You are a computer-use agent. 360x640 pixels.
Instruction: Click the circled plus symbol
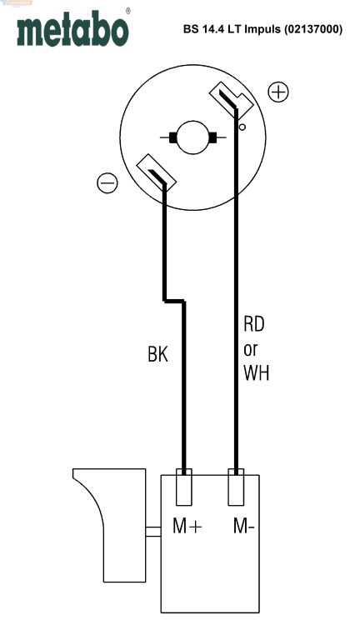[x=278, y=92]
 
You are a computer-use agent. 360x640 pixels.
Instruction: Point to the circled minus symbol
[x=107, y=182]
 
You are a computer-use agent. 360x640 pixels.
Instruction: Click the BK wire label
[x=157, y=355]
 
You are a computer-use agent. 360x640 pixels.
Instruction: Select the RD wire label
[x=254, y=324]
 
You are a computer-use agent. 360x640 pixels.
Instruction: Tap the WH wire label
[x=257, y=373]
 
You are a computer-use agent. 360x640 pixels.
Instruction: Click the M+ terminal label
[x=187, y=527]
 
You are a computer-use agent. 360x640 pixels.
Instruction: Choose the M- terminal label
[x=243, y=527]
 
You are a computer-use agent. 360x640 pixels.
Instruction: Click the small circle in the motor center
[x=192, y=137]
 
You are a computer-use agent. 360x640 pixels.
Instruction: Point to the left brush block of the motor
[x=173, y=138]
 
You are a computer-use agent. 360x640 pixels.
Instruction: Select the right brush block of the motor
[x=212, y=138]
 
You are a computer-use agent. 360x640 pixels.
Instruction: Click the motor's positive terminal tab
[x=231, y=100]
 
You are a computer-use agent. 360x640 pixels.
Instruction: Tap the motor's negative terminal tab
[x=157, y=172]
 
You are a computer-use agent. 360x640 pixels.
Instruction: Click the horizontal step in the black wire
[x=174, y=301]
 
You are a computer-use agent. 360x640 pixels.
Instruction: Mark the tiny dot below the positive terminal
[x=242, y=127]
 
